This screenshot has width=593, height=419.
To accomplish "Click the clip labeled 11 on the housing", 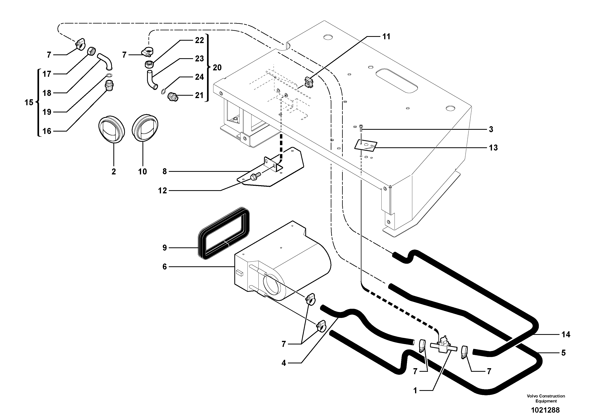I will [309, 82].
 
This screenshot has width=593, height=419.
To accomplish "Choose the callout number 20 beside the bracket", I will [217, 68].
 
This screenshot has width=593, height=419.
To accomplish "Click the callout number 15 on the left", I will [29, 102].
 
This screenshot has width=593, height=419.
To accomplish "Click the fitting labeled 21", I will [172, 98].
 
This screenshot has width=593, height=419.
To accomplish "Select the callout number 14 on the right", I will [566, 334].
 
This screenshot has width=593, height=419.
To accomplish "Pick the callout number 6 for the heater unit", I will [165, 267].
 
